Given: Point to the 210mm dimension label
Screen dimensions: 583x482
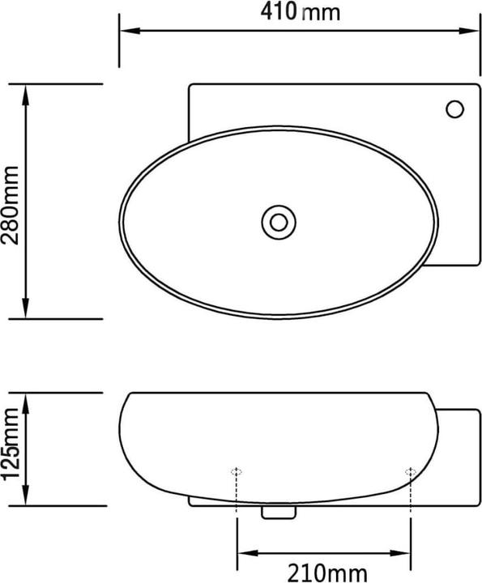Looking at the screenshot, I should (x=322, y=572).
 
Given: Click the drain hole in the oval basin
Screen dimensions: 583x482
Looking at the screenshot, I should (x=279, y=220).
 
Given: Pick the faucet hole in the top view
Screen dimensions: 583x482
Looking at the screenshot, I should (x=455, y=108).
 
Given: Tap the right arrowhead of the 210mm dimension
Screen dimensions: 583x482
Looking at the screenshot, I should (x=406, y=554).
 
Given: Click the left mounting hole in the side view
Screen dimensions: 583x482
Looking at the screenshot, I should (x=237, y=471).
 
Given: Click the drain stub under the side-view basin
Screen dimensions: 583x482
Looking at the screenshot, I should (x=278, y=511).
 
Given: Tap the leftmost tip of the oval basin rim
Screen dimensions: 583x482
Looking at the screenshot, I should (x=121, y=220).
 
